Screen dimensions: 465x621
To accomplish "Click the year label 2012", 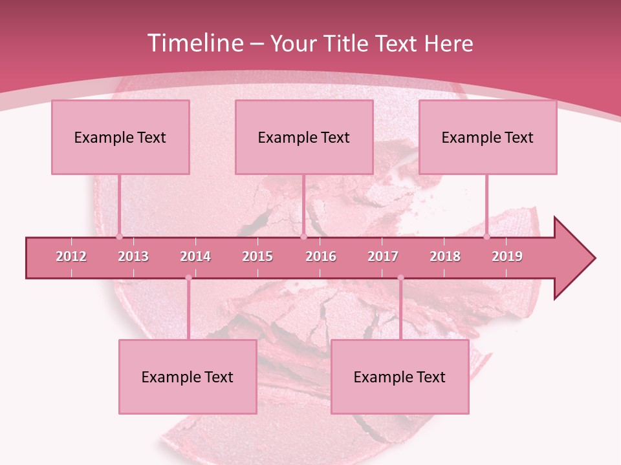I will click(x=71, y=256).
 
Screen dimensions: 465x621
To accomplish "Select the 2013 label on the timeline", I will click(x=133, y=256).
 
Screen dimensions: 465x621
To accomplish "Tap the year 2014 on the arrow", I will click(x=195, y=256).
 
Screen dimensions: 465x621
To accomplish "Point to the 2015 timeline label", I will click(x=257, y=256).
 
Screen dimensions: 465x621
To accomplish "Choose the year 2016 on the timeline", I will click(x=321, y=256).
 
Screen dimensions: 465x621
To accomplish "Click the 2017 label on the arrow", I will click(x=383, y=256).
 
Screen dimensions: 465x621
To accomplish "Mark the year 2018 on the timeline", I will click(x=445, y=256).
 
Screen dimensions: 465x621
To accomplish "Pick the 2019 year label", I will click(x=507, y=256).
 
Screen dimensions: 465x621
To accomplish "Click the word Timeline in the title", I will click(x=194, y=43).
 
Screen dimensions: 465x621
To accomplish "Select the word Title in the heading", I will click(x=346, y=43).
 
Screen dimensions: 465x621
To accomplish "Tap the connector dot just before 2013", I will click(x=119, y=236).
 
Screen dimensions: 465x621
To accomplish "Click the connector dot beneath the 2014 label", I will click(x=188, y=278).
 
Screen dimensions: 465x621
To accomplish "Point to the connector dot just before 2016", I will click(x=303, y=236).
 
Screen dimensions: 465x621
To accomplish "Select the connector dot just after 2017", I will click(x=400, y=278).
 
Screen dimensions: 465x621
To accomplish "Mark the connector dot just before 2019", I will click(x=487, y=236).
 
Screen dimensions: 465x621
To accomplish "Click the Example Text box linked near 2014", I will click(x=188, y=377).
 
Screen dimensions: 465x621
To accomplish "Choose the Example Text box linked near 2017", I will click(x=400, y=377).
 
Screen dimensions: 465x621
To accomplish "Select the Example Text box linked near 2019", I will click(x=488, y=137).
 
